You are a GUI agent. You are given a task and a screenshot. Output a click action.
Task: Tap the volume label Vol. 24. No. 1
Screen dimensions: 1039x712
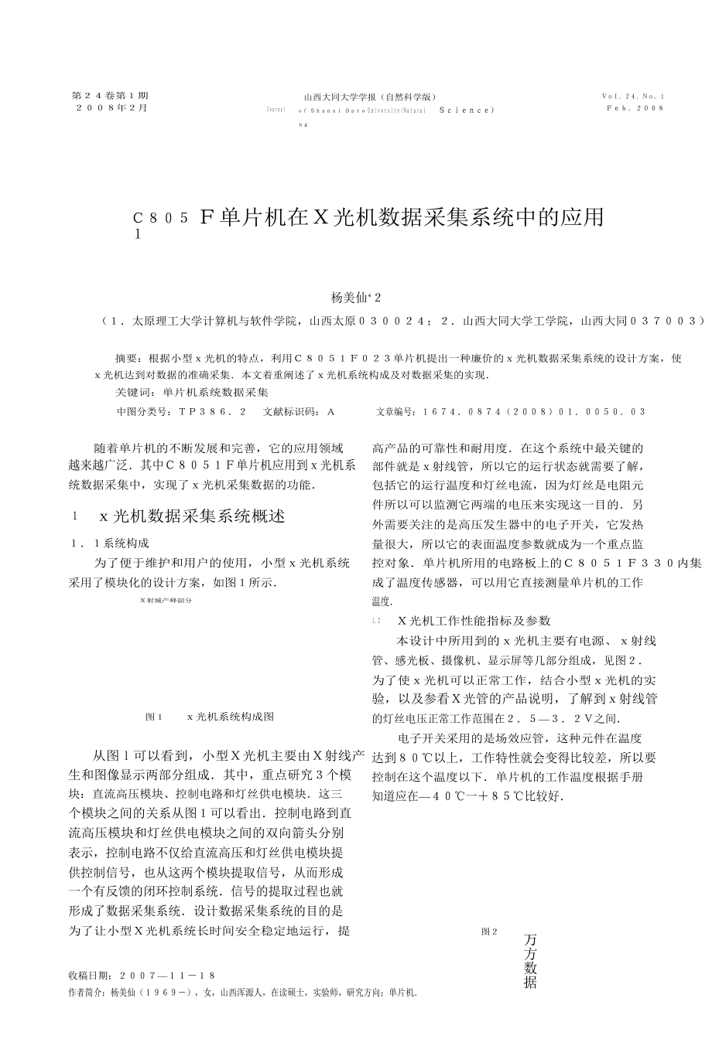tap(632, 97)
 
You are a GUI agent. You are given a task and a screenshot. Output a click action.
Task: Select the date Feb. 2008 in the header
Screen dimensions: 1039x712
tap(635, 109)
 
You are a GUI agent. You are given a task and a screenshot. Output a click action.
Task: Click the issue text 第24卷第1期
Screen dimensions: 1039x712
tap(110, 96)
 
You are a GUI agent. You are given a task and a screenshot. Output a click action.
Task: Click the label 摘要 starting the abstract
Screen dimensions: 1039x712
tap(128, 359)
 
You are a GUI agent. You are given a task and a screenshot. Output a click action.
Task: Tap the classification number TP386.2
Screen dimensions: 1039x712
tap(212, 412)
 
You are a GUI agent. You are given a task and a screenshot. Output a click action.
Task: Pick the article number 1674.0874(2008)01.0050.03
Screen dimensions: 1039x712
tap(534, 412)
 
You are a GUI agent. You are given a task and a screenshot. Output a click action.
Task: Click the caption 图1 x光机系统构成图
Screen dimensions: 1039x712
tap(209, 717)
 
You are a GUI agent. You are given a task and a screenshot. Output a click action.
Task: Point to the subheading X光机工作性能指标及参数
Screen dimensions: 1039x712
tap(473, 621)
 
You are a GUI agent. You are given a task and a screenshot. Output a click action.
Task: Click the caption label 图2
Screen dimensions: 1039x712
tap(489, 932)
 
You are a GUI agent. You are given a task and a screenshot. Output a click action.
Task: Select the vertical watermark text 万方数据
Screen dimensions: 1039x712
tap(530, 960)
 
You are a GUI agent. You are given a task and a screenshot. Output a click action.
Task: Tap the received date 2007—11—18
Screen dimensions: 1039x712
tap(166, 976)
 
